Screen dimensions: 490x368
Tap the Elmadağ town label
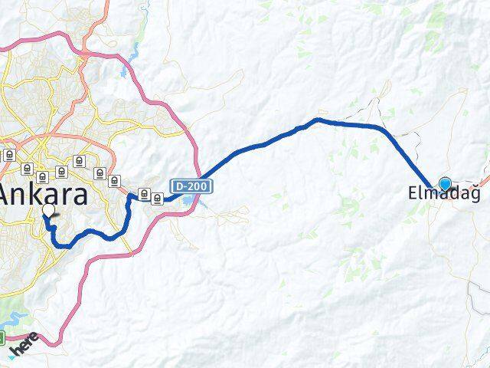pyautogui.click(x=449, y=195)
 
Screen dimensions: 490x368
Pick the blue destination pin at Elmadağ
pyautogui.click(x=445, y=183)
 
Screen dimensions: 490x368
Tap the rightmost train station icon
pyautogui.click(x=157, y=199)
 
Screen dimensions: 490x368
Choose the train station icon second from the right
pyautogui.click(x=144, y=193)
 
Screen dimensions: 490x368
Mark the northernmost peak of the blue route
pyautogui.click(x=318, y=120)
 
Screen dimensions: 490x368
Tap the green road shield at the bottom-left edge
pyautogui.click(x=2, y=337)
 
